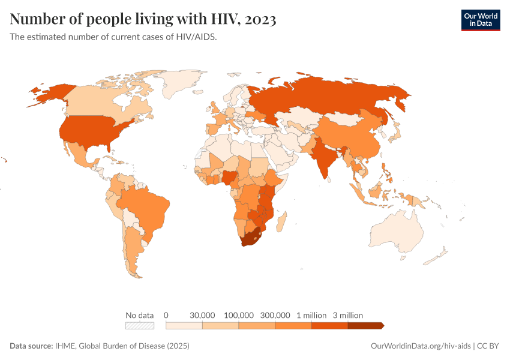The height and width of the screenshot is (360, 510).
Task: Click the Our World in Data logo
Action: click(x=480, y=19)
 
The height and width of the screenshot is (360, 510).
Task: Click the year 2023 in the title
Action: click(x=260, y=19)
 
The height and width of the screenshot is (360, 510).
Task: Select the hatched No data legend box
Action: click(x=140, y=326)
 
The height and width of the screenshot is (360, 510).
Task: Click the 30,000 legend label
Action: click(x=202, y=315)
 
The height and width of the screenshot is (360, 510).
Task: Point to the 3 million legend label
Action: click(x=347, y=315)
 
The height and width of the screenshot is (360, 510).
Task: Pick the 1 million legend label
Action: click(x=311, y=315)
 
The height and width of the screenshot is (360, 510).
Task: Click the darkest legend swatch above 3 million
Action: click(x=365, y=326)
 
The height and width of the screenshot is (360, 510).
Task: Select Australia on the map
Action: click(x=397, y=230)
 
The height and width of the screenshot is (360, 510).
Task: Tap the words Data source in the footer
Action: click(x=31, y=346)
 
